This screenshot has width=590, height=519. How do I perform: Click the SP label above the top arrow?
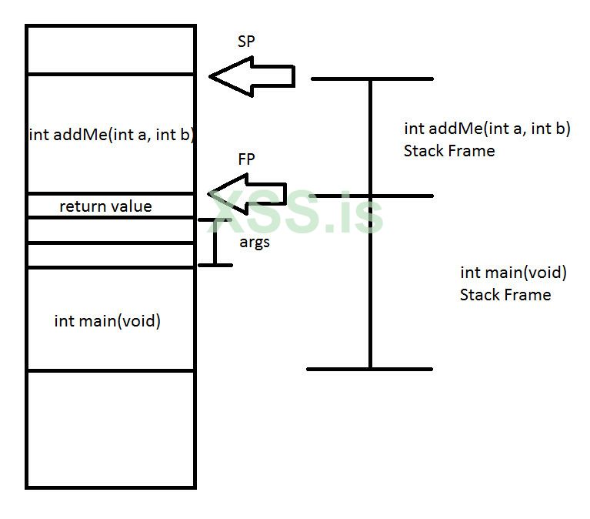click(x=246, y=43)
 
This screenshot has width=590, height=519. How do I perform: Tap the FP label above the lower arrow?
click(x=246, y=159)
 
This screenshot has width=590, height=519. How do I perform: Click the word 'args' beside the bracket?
click(x=254, y=242)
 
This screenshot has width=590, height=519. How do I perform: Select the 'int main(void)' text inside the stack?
click(x=107, y=321)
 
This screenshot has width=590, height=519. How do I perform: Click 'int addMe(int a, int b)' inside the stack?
click(x=111, y=135)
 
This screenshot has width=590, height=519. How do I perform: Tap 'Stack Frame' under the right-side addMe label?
click(x=448, y=151)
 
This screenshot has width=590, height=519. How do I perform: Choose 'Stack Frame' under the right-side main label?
click(x=505, y=295)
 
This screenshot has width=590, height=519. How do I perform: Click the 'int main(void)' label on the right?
click(x=513, y=273)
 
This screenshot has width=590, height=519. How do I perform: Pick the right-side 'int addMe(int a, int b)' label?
click(x=487, y=129)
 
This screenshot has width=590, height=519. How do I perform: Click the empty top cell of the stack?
click(x=111, y=50)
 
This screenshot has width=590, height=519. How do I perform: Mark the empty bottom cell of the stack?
click(x=111, y=428)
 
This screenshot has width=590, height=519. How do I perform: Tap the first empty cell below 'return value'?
click(x=111, y=230)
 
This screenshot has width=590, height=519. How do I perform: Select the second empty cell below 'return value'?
click(x=111, y=255)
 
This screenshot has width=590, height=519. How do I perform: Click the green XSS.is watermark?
click(x=297, y=212)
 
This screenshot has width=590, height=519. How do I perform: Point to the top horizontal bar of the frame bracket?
click(x=372, y=79)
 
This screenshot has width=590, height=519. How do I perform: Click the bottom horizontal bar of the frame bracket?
click(x=369, y=369)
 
